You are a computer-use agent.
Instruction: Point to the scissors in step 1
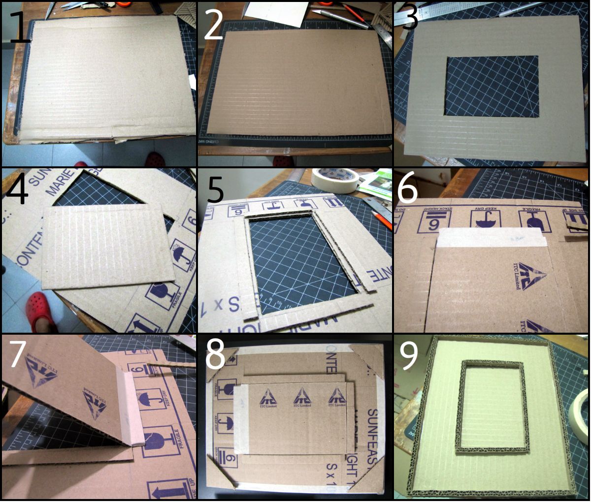pyautogui.click(x=74, y=6)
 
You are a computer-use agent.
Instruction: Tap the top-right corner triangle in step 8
pyautogui.click(x=373, y=357)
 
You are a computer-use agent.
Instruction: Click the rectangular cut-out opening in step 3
pyautogui.click(x=491, y=86)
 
